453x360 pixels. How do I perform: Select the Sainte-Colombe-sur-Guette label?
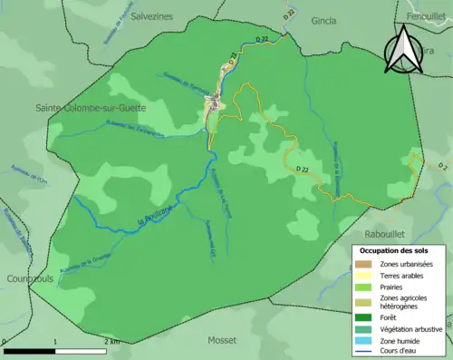(x=90, y=108)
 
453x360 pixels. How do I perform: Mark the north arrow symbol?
(x=400, y=48)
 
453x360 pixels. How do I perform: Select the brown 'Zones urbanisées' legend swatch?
(x=363, y=264)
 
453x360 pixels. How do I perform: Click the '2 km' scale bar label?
(x=112, y=341)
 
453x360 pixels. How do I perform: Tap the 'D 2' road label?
(x=442, y=167)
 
